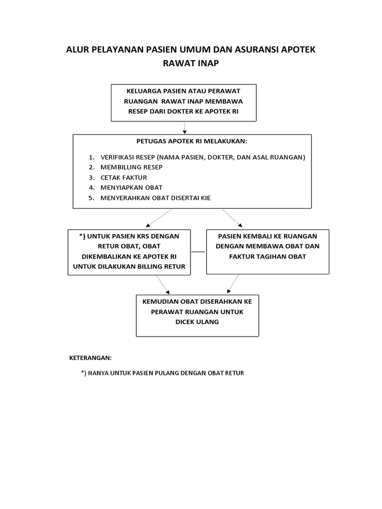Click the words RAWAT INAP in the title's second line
[191, 63]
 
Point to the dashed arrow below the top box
[185, 127]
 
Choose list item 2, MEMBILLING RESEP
[131, 167]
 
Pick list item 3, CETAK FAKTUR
[123, 177]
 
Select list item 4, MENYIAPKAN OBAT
[131, 187]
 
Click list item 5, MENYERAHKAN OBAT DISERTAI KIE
[155, 198]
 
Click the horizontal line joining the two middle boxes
[198, 252]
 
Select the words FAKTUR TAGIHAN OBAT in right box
[268, 256]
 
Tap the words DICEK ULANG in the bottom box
[197, 322]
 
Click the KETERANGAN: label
[90, 357]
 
